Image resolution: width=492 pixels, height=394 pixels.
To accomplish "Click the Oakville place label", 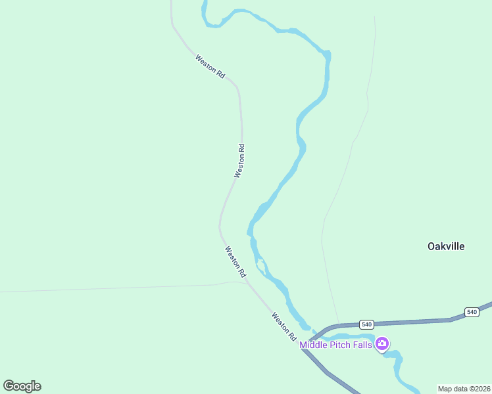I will click(x=446, y=246).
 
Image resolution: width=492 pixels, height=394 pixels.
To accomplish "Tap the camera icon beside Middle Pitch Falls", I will click(x=382, y=343).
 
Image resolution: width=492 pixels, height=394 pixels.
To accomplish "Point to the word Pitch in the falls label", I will click(x=344, y=345).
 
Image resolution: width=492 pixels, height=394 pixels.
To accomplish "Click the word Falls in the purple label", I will click(x=365, y=345).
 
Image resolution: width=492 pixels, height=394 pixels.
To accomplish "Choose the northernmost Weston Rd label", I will click(x=210, y=67).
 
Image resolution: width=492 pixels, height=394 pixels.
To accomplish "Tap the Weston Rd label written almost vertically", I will click(x=240, y=161).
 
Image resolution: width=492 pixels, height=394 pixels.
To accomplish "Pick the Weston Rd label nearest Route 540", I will click(x=284, y=326).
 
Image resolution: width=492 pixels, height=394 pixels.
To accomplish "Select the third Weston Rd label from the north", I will click(x=235, y=261).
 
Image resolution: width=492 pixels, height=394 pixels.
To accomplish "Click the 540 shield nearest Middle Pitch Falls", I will click(x=366, y=324).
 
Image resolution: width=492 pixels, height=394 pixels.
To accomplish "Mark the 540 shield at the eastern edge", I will click(x=471, y=311).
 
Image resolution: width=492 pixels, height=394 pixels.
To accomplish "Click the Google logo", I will click(x=22, y=386).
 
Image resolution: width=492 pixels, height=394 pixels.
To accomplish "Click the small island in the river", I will click(x=260, y=267).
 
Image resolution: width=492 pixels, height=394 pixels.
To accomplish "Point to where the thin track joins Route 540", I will click(x=339, y=324).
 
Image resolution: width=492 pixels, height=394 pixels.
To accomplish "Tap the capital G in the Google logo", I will click(x=9, y=385).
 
